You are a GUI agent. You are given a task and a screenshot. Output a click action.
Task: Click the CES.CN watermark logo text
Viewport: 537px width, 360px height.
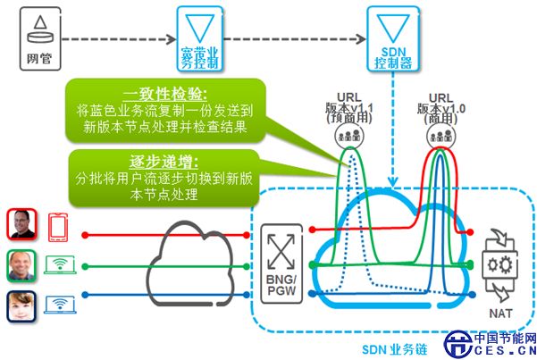point(505,350)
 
